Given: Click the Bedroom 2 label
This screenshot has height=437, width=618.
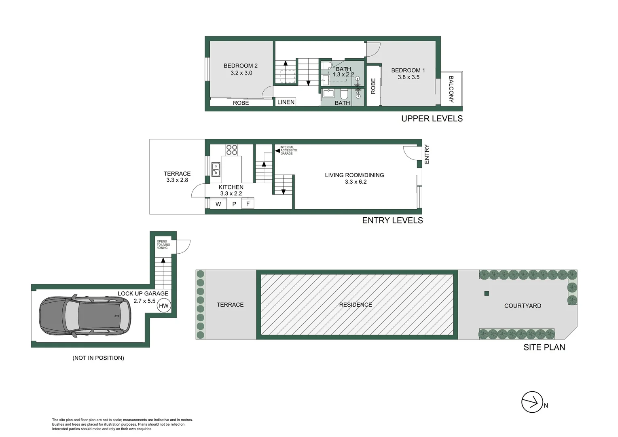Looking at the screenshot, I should (240, 66).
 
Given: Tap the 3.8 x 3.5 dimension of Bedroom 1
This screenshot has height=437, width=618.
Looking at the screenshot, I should (408, 77).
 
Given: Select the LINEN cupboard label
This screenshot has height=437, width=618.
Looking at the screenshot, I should (286, 102).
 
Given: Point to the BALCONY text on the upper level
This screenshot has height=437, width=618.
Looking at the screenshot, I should (451, 89).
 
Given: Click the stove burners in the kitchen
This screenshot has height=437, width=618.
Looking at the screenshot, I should (232, 150).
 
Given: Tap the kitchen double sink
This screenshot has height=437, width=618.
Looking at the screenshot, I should (216, 169).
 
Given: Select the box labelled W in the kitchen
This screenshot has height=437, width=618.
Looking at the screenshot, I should (218, 204).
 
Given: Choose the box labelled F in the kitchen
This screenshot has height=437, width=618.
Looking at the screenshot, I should (248, 204).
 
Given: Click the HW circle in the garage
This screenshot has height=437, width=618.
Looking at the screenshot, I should (163, 306).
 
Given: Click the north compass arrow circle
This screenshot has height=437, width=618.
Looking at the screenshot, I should (532, 402).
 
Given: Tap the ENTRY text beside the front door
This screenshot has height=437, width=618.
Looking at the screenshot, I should (427, 154).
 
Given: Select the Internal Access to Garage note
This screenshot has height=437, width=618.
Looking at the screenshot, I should (288, 151).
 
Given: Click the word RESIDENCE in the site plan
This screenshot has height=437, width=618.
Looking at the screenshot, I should (356, 305).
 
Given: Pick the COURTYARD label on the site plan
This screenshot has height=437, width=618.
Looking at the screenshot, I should (523, 306).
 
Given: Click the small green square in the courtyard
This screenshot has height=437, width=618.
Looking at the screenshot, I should (487, 293).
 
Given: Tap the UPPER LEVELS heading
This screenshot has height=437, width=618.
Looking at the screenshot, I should (432, 119).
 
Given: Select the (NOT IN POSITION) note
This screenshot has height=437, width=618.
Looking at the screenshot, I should (98, 358).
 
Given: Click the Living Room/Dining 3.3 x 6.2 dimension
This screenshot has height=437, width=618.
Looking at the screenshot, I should (356, 182).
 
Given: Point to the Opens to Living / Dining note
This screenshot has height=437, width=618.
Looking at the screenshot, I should (163, 244).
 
